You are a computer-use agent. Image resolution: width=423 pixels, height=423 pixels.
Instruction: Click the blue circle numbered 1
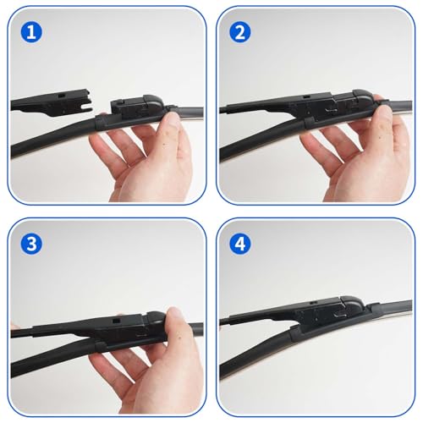(31, 32)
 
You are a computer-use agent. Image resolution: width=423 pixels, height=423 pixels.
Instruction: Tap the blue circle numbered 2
(240, 32)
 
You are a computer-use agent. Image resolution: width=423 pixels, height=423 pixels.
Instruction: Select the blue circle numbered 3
(31, 244)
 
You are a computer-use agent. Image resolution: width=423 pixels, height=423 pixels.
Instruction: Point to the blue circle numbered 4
(240, 244)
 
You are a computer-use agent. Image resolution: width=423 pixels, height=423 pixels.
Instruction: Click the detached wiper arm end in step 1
(52, 103)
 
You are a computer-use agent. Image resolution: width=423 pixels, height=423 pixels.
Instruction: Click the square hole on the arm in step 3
(115, 321)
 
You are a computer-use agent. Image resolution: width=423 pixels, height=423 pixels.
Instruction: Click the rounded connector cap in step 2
(364, 99)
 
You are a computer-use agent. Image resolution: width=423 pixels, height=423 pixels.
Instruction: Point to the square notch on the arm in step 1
(61, 96)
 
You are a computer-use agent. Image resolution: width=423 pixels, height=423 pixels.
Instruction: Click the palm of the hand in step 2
(366, 172)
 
